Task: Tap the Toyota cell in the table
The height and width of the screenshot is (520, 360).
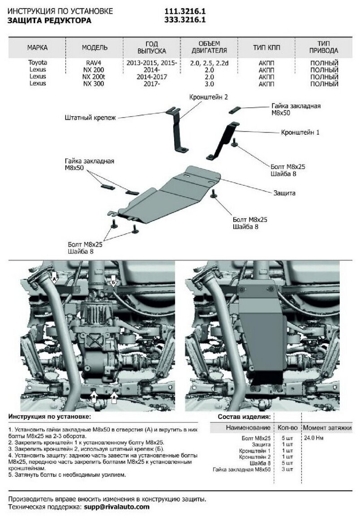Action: click(37, 63)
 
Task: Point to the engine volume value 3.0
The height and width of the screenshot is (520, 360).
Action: click(209, 84)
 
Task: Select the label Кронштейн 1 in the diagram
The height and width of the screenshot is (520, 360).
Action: click(300, 132)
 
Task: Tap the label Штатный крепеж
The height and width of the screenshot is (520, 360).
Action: click(90, 118)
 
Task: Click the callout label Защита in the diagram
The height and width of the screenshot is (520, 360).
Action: click(284, 193)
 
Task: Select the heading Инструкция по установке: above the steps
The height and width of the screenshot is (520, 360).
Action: click(49, 417)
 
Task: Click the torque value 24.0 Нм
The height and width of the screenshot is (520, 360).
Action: click(313, 438)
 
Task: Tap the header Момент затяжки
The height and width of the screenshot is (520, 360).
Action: click(327, 427)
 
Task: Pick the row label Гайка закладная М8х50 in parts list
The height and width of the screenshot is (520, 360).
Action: click(242, 470)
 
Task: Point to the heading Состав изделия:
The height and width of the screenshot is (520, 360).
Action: click(244, 417)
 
